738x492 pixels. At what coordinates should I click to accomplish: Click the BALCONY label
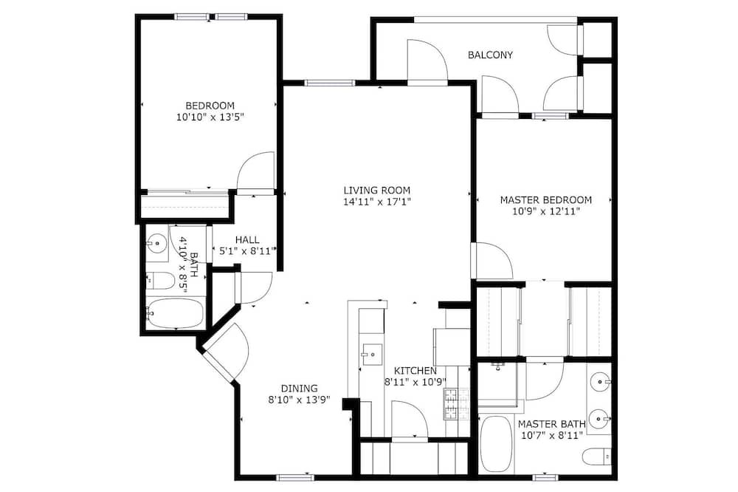[x=490, y=55]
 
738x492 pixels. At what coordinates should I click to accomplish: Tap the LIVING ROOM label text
[x=376, y=191]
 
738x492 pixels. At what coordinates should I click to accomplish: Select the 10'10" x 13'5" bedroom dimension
[x=210, y=117]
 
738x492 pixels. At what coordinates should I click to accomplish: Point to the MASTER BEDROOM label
[x=545, y=199]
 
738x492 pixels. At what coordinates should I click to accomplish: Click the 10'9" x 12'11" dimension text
[x=545, y=211]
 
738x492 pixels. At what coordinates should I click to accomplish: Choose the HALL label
[x=247, y=240]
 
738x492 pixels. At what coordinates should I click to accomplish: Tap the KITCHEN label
[x=415, y=371]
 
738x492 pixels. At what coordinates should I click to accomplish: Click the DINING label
[x=300, y=389]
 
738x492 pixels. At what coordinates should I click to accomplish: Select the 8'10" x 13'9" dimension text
[x=300, y=400]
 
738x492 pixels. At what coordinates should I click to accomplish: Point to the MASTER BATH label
[x=551, y=424]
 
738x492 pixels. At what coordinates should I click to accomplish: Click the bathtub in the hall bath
[x=175, y=313]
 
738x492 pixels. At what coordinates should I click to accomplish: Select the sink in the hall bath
[x=156, y=244]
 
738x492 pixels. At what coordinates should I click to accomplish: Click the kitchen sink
[x=372, y=354]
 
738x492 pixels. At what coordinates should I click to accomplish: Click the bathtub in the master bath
[x=497, y=445]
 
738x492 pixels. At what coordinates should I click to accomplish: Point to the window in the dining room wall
[x=295, y=477]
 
